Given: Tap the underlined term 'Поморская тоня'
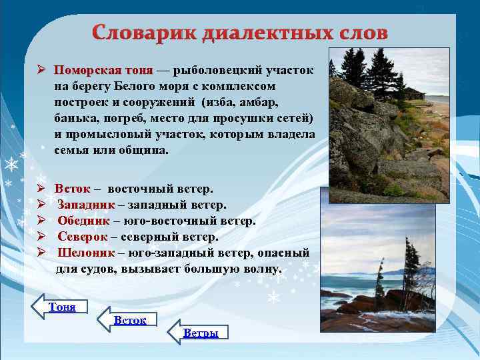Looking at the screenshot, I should click(x=103, y=71).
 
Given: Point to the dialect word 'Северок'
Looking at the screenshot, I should click(x=83, y=237).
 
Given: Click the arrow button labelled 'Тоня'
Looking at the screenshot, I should click(x=61, y=307).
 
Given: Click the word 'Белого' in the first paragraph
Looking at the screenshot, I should click(x=134, y=87).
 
